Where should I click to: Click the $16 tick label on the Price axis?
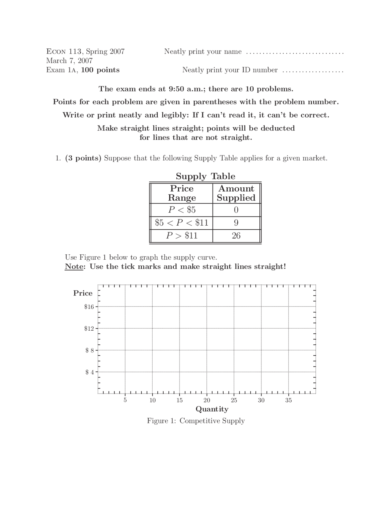89,306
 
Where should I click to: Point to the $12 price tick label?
89,329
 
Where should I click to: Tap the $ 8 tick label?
89,350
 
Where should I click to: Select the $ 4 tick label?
89,372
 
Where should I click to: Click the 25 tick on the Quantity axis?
234,400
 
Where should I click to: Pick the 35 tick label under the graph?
288,400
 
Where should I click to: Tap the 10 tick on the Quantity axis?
153,400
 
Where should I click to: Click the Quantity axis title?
212,409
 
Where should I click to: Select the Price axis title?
83,293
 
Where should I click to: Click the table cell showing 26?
236,235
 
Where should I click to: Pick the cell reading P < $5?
182,210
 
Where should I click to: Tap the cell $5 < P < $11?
182,223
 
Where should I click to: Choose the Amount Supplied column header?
236,193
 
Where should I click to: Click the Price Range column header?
182,193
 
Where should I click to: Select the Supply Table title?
205,176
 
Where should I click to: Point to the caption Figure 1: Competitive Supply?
196,421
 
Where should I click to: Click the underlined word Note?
74,266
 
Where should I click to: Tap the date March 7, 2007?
70,61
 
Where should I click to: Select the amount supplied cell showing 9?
236,223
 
